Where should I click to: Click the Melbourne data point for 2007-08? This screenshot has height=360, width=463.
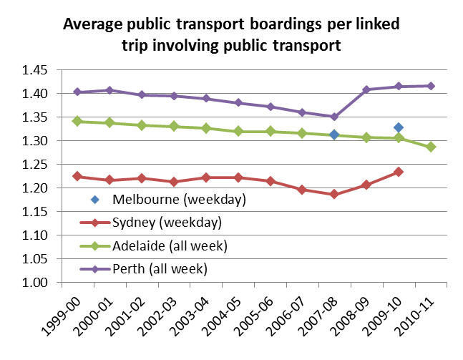pos(334,135)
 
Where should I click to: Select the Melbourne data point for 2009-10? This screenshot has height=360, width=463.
pos(399,127)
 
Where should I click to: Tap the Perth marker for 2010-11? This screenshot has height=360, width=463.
pos(432,86)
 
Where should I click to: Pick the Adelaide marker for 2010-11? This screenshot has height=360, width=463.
pos(432,147)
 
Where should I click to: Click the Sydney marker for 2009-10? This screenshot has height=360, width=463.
pos(399,172)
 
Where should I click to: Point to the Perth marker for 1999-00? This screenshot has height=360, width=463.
pos(76,92)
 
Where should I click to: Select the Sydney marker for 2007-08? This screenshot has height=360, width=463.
pos(334,194)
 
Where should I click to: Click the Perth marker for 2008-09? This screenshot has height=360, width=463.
pos(366,89)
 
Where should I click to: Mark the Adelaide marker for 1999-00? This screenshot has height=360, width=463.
pos(76,121)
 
